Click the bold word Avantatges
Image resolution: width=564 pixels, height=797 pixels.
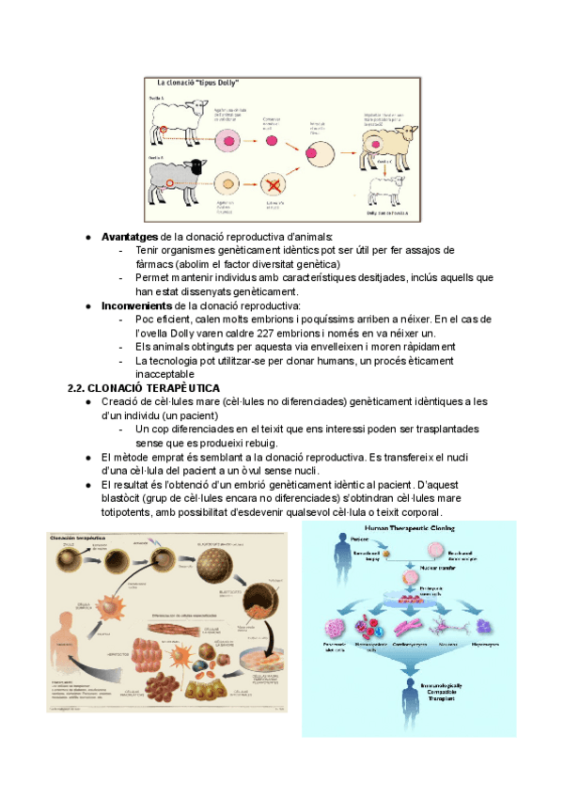(130, 237)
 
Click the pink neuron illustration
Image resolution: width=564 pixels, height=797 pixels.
(446, 626)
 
